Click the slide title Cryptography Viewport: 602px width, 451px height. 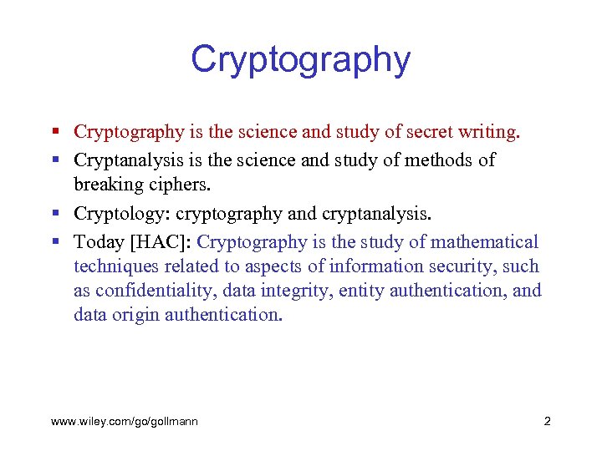click(300, 60)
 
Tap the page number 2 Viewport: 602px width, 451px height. click(547, 421)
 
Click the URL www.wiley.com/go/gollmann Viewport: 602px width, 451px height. click(125, 421)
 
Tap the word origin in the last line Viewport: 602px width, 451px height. click(136, 315)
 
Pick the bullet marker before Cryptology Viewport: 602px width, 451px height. click(54, 214)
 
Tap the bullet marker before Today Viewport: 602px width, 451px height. click(54, 242)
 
